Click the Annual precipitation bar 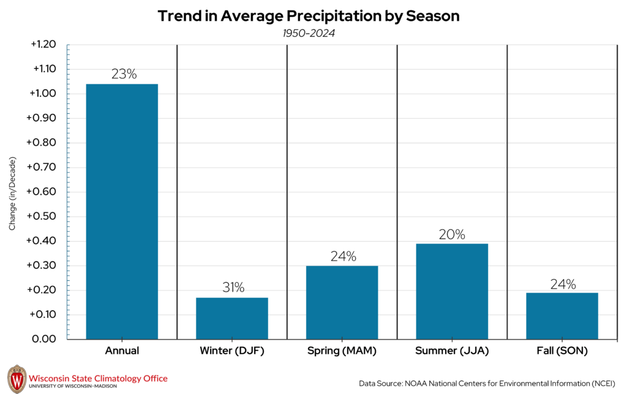(x=122, y=211)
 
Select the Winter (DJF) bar (x=232, y=318)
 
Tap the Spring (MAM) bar (x=342, y=302)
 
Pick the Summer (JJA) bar (x=452, y=291)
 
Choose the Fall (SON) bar (x=561, y=316)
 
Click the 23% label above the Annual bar (x=124, y=74)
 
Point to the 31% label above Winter (x=233, y=288)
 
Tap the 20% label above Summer (x=452, y=234)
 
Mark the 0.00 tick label (x=44, y=339)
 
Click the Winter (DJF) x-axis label (x=232, y=351)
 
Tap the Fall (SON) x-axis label (x=561, y=351)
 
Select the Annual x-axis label (x=122, y=351)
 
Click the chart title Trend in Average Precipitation (x=309, y=17)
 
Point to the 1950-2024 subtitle (x=309, y=33)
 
